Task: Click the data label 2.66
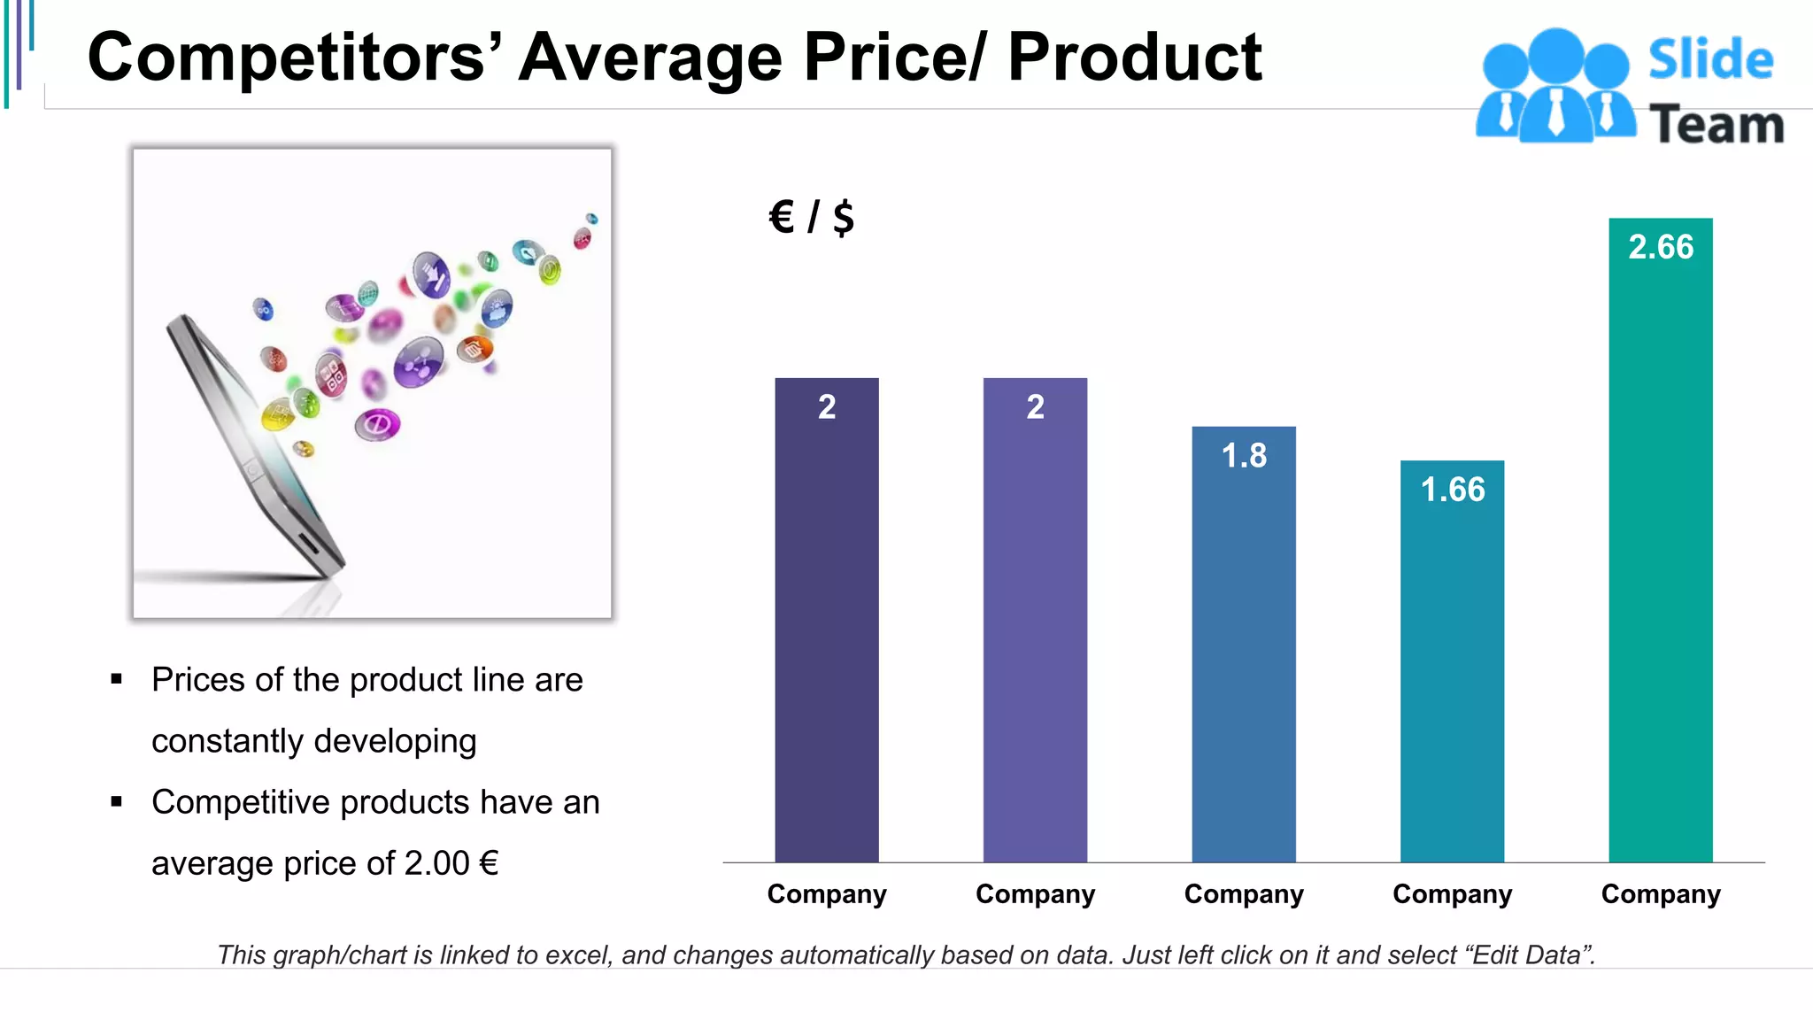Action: pos(1661,247)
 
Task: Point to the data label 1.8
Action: pos(1244,456)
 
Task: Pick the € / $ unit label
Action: pos(812,217)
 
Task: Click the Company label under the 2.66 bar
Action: pos(1661,894)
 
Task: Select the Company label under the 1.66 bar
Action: pos(1452,894)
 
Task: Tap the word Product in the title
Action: pos(1134,58)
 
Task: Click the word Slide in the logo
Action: pos(1710,60)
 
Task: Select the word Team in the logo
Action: pos(1717,125)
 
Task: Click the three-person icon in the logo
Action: pos(1555,87)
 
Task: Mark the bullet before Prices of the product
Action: pos(116,680)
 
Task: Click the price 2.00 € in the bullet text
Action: pos(451,863)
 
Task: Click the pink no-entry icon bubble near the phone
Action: pos(378,425)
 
